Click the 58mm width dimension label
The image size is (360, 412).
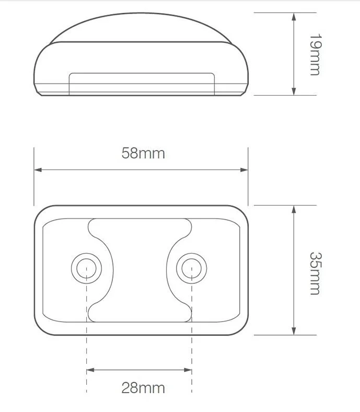point(143,153)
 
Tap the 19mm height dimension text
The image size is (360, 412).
point(315,54)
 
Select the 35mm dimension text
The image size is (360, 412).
point(315,273)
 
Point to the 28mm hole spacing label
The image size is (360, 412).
point(143,387)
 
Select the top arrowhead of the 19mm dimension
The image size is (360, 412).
point(294,16)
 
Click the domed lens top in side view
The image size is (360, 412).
point(140,24)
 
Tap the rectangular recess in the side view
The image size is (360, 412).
point(142,83)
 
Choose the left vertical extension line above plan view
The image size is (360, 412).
point(34,175)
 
